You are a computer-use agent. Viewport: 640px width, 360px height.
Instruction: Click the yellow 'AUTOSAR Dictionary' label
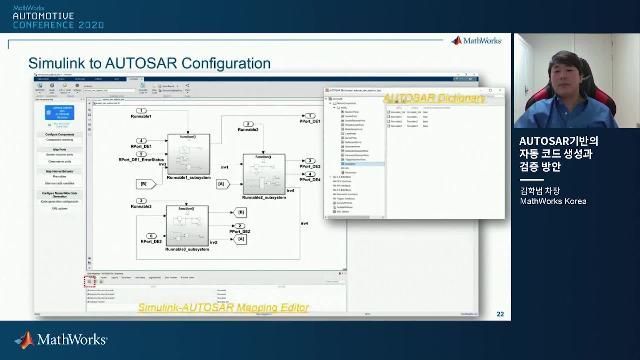tap(435, 98)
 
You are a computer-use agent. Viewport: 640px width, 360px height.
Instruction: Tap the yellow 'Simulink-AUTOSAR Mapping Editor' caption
tap(223, 307)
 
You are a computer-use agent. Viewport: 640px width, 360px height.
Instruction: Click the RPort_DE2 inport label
tap(153, 242)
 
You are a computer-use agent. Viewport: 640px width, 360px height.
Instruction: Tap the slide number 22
tap(500, 315)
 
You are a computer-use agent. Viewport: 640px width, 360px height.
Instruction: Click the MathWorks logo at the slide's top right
tap(477, 41)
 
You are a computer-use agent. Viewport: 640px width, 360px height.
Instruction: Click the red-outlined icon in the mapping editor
tap(89, 282)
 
